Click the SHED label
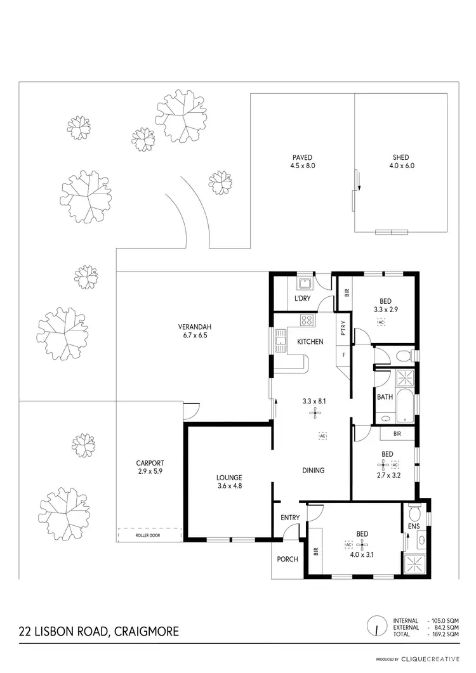[400, 157]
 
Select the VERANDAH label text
[190, 327]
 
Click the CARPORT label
[150, 463]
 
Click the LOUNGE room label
[228, 478]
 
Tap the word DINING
[314, 471]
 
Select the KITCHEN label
[310, 342]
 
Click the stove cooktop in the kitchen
[307, 320]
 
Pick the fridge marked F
[344, 355]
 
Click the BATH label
[385, 397]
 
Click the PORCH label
[288, 559]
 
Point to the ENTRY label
[290, 518]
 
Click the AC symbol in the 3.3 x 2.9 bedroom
[381, 323]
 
